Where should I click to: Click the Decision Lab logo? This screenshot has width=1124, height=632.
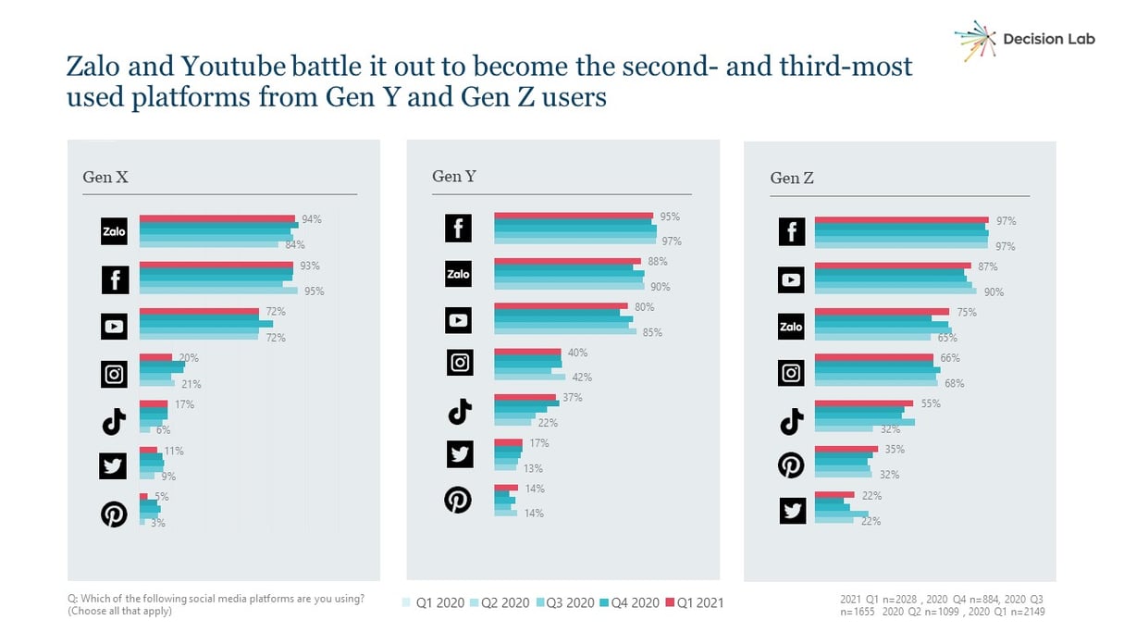point(1024,39)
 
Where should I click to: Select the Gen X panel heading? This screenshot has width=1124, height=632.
point(105,178)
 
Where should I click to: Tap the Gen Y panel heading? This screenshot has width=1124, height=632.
point(453,176)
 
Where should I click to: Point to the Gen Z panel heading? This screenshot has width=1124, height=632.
point(792,178)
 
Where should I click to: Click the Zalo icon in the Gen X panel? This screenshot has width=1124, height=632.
point(114,231)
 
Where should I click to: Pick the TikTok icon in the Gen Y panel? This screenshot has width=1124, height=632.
point(460,411)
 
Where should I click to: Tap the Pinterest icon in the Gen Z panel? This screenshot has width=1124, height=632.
point(792,465)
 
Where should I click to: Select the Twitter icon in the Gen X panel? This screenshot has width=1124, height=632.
point(113,466)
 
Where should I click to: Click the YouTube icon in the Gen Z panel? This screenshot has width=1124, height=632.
point(792,279)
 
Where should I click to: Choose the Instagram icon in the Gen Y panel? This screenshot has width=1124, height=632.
point(460,363)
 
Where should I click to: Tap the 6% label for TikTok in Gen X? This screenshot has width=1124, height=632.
point(164,430)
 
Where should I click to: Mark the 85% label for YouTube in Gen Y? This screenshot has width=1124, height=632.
point(652,332)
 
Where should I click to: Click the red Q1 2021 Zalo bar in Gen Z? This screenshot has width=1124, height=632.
point(882,312)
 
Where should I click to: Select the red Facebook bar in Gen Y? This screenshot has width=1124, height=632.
point(574,216)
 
